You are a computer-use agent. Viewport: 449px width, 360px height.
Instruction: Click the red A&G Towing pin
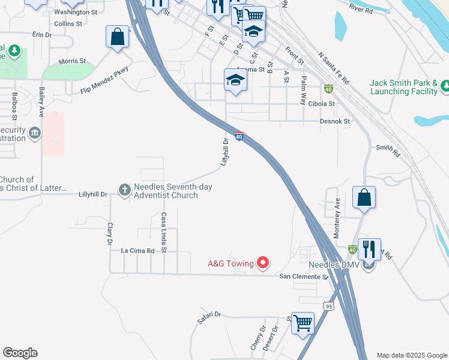pyautogui.click(x=262, y=262)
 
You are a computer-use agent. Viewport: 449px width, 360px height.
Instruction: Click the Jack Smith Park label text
pyautogui.click(x=403, y=87)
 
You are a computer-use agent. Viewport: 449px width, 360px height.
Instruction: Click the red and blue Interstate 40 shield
pyautogui.click(x=239, y=137)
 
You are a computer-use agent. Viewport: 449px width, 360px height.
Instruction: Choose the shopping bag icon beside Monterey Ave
pyautogui.click(x=364, y=197)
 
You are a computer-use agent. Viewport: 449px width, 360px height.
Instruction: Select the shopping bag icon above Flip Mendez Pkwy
pyautogui.click(x=118, y=37)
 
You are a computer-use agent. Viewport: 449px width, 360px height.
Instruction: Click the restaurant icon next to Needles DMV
pyautogui.click(x=369, y=248)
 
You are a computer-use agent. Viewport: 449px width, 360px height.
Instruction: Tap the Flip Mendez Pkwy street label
pyautogui.click(x=105, y=81)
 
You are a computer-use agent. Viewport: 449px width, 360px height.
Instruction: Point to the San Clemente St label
pyautogui.click(x=304, y=277)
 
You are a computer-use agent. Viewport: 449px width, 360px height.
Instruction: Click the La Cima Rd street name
pyautogui.click(x=137, y=250)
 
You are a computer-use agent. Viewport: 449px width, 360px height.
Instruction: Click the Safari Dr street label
pyautogui.click(x=209, y=318)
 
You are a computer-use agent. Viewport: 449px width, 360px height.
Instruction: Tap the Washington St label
pyautogui.click(x=75, y=12)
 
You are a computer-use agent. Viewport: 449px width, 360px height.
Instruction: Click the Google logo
pyautogui.click(x=20, y=353)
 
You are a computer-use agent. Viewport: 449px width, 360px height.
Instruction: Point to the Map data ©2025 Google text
pyautogui.click(x=412, y=355)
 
